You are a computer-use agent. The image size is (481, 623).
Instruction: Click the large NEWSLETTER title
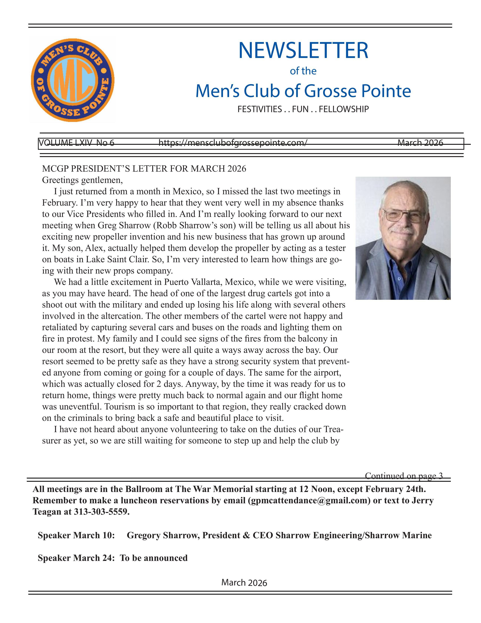pyautogui.click(x=303, y=50)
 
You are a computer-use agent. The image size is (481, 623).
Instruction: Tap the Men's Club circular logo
pyautogui.click(x=73, y=80)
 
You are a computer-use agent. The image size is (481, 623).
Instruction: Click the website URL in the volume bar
pyautogui.click(x=233, y=143)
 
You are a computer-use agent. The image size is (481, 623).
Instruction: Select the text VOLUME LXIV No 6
pyautogui.click(x=76, y=143)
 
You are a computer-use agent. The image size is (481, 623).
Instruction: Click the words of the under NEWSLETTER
pyautogui.click(x=303, y=71)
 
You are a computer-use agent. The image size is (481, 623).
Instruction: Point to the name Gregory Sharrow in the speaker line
pyautogui.click(x=163, y=535)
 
